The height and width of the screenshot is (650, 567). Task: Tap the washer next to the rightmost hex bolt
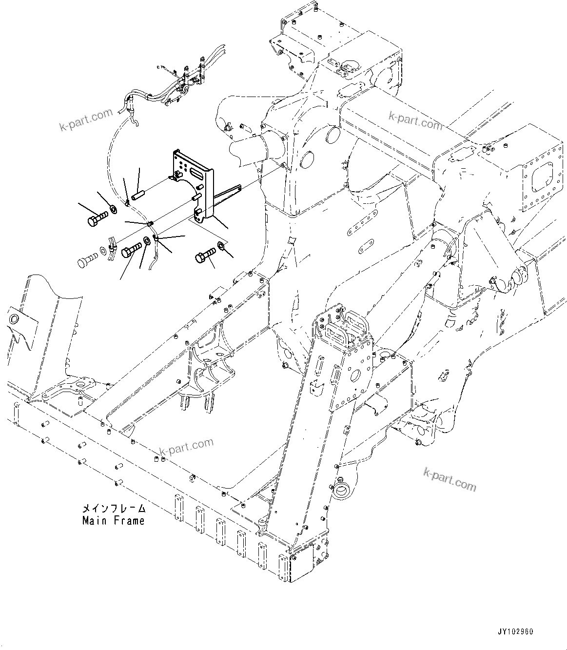[x=221, y=245]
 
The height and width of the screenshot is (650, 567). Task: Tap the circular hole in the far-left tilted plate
[x=14, y=319]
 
